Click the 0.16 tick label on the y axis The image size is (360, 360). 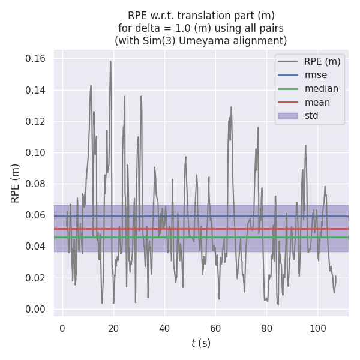(x=37, y=59)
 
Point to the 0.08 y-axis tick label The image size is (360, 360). (x=37, y=184)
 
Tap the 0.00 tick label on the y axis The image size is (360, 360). (x=37, y=309)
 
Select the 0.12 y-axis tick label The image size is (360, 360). (x=37, y=121)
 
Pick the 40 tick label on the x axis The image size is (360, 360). (x=164, y=328)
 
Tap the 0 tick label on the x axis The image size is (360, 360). (x=62, y=328)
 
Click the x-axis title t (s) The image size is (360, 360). (x=201, y=343)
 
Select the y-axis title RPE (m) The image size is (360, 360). (x=16, y=183)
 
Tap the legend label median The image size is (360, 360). (x=321, y=89)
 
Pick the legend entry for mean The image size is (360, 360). (x=317, y=102)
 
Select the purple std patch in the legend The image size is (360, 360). (x=288, y=115)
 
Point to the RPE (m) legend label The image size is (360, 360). (x=322, y=61)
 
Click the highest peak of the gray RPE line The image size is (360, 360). (x=110, y=61)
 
